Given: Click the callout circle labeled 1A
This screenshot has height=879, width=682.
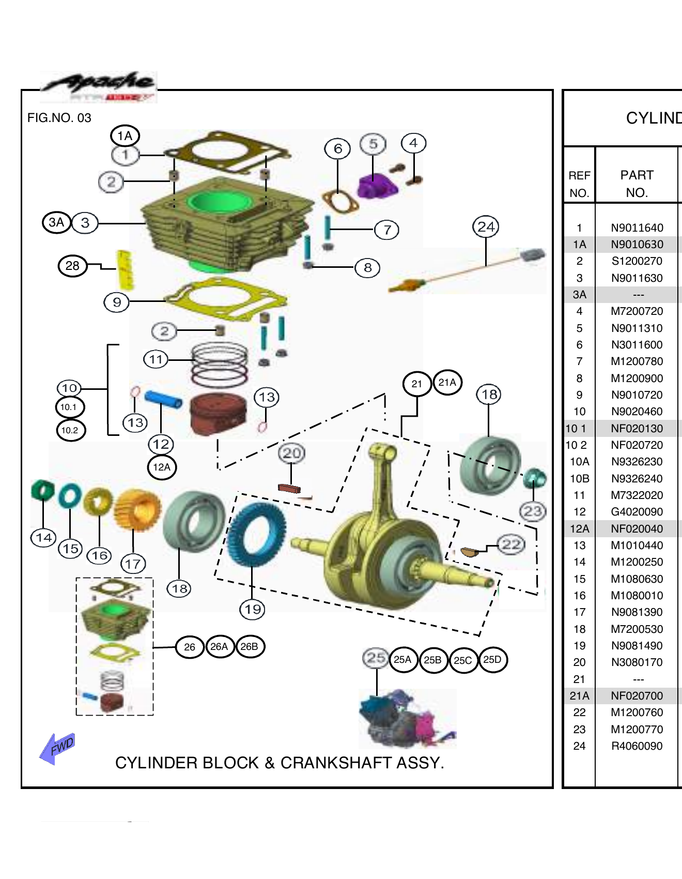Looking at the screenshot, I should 125,136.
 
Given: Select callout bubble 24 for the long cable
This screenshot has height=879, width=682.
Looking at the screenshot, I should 486,226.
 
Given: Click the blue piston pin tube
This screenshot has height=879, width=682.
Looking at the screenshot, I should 163,399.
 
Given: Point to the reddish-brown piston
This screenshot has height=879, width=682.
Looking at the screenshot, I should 218,415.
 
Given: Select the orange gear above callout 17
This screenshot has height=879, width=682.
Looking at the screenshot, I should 137,510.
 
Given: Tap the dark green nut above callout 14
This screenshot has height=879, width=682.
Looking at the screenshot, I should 43,490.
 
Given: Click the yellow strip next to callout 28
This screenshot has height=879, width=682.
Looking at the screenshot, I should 125,270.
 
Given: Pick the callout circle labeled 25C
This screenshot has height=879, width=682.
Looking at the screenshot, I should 463,660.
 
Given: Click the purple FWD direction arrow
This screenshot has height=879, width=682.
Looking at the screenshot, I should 58,748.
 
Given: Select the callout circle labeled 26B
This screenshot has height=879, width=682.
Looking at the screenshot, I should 250,646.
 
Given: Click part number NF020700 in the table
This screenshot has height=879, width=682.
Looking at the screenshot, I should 637,695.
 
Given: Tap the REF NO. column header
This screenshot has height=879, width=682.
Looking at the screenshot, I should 579,184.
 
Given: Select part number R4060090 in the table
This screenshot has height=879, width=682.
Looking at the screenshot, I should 637,746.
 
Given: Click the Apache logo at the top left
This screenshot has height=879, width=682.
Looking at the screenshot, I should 98,86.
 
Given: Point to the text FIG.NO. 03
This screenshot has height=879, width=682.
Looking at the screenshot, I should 59,118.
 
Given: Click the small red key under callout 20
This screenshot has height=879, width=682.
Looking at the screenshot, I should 289,488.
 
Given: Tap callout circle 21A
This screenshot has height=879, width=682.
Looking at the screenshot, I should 447,382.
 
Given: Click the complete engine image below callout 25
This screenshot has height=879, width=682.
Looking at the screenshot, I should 407,718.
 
